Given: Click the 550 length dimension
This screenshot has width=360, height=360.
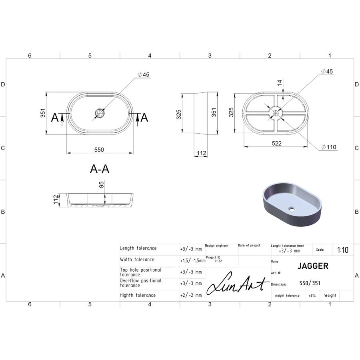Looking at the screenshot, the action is (x=99, y=150).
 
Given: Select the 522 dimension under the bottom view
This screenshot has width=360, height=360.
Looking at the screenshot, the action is (x=276, y=144).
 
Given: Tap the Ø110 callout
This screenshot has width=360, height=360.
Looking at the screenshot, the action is (x=328, y=147).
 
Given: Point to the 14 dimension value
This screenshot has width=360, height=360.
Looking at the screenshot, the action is (x=280, y=83).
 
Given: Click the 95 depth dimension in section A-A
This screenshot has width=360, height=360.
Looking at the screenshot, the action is (x=101, y=184).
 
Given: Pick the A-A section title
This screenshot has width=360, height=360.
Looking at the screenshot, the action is (x=100, y=169).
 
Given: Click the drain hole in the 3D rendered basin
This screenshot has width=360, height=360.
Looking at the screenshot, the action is (x=292, y=209).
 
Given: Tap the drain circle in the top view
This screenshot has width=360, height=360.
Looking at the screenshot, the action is (x=100, y=113).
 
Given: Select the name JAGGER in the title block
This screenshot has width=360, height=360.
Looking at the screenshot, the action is (x=313, y=266).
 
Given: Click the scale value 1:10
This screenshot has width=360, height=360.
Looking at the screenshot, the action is (x=342, y=250).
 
